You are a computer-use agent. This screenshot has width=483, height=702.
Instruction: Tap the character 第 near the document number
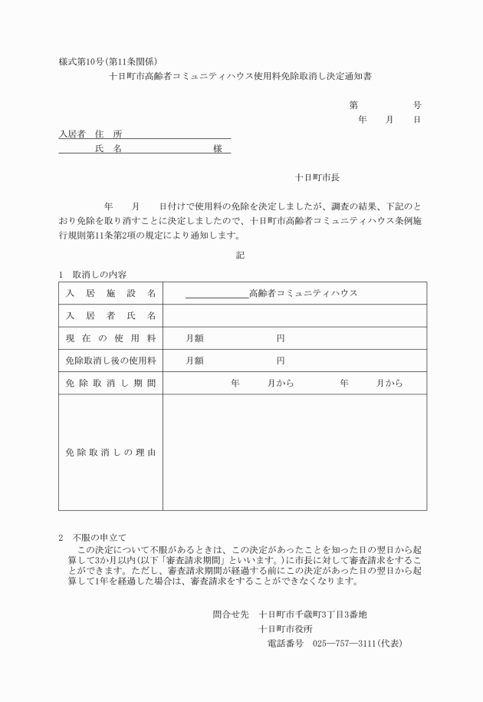(x=353, y=104)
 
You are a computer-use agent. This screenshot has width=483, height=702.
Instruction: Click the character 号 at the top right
(x=417, y=104)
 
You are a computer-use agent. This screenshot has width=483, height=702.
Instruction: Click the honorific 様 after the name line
(x=218, y=149)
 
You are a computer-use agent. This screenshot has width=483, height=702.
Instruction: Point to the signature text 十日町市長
(x=317, y=177)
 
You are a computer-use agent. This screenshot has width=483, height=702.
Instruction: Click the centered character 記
(x=241, y=255)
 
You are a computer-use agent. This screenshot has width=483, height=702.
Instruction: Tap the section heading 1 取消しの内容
(x=93, y=274)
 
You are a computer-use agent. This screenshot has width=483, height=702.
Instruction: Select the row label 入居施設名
(x=110, y=294)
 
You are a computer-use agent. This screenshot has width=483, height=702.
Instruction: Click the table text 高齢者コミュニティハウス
(x=304, y=294)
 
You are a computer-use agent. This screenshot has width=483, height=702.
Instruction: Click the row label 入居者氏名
(x=110, y=316)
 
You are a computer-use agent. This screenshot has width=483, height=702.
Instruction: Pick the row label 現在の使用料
(x=110, y=338)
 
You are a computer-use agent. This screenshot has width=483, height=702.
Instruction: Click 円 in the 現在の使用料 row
(x=281, y=338)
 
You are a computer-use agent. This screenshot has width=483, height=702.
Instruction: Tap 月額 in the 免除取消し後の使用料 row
(x=195, y=361)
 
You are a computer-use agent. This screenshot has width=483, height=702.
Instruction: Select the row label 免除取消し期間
(x=110, y=383)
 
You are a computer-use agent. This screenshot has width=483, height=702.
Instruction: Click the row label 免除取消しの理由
(x=110, y=453)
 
